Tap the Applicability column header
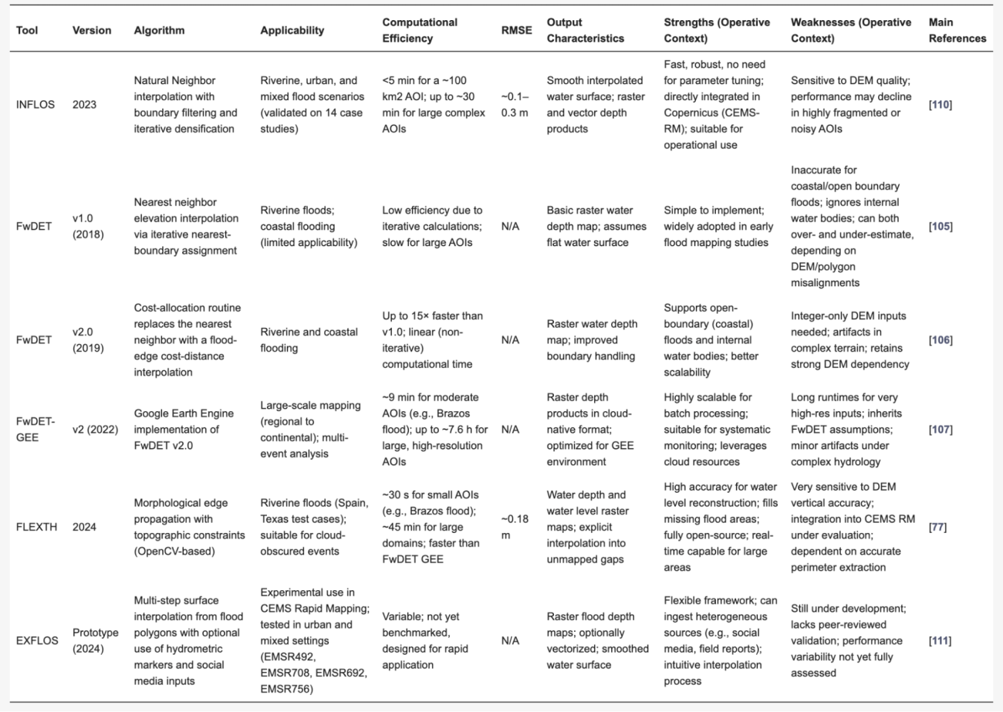point(292,31)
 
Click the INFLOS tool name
point(34,104)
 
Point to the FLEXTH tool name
point(35,528)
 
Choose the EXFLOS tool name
point(35,639)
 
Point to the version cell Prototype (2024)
point(96,639)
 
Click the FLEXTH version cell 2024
point(84,528)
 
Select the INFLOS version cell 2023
point(84,104)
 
